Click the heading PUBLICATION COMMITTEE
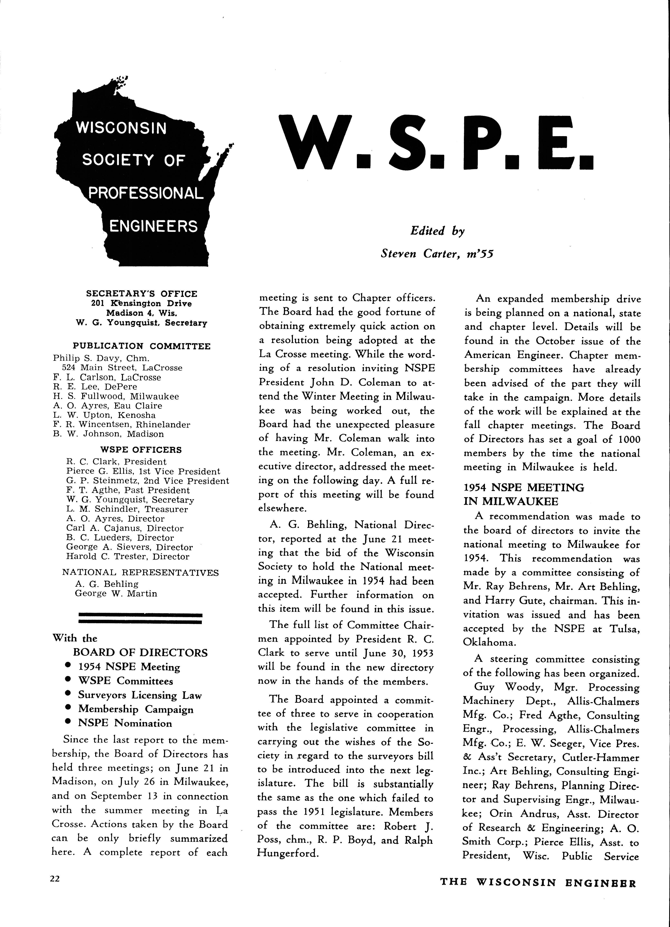pos(141,346)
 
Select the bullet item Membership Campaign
pos(136,709)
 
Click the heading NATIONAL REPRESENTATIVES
pos(141,572)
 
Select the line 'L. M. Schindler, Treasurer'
pos(127,509)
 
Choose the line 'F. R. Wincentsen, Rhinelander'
pos(121,425)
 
